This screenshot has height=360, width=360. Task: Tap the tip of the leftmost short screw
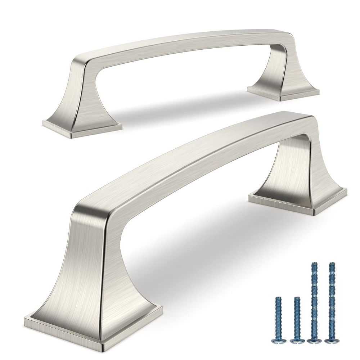click(x=278, y=297)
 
